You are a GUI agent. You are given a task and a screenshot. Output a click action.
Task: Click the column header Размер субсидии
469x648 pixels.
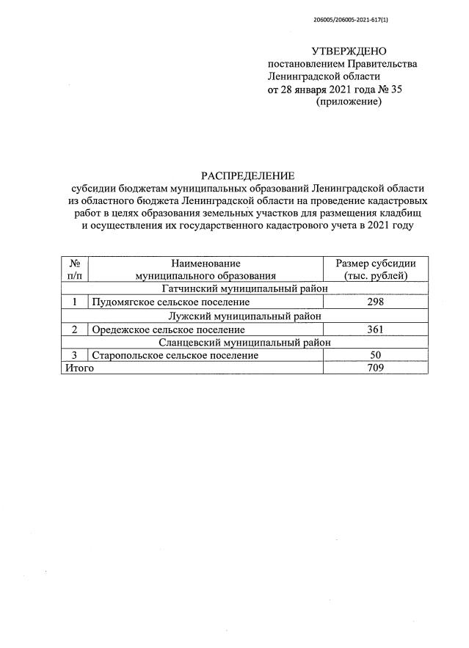click(376, 263)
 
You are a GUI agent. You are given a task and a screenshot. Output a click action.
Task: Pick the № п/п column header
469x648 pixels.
click(73, 269)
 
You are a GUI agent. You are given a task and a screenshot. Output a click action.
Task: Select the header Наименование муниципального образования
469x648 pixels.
click(206, 269)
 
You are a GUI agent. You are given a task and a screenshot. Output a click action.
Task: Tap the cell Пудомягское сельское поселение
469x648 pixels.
click(171, 302)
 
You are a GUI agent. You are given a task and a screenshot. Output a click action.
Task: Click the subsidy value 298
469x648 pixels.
click(376, 302)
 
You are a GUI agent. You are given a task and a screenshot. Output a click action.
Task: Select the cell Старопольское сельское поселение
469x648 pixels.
click(175, 355)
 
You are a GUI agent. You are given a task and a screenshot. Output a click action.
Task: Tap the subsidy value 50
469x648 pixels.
click(376, 355)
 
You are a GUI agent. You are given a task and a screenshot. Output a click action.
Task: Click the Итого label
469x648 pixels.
click(78, 368)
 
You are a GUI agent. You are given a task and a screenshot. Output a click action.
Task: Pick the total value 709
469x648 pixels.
click(376, 368)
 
